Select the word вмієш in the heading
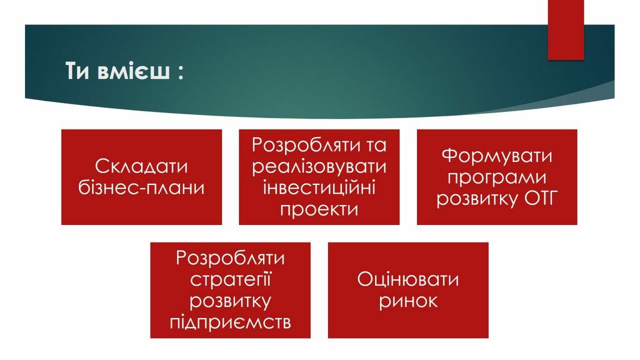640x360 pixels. pyautogui.click(x=134, y=71)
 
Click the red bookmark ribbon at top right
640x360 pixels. pyautogui.click(x=566, y=30)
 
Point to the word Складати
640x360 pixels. pyautogui.click(x=141, y=166)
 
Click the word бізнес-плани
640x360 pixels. pyautogui.click(x=141, y=187)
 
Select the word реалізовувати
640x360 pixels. pyautogui.click(x=319, y=166)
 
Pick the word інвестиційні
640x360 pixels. pyautogui.click(x=319, y=187)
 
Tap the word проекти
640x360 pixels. pyautogui.click(x=319, y=209)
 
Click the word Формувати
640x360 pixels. pyautogui.click(x=497, y=156)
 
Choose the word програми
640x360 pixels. pyautogui.click(x=497, y=177)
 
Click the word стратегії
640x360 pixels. pyautogui.click(x=230, y=279)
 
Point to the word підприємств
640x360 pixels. pyautogui.click(x=230, y=322)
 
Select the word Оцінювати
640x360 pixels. pyautogui.click(x=407, y=279)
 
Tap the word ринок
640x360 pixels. pyautogui.click(x=407, y=301)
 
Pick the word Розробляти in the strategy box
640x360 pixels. pyautogui.click(x=230, y=258)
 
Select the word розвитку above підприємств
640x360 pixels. pyautogui.click(x=230, y=301)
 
